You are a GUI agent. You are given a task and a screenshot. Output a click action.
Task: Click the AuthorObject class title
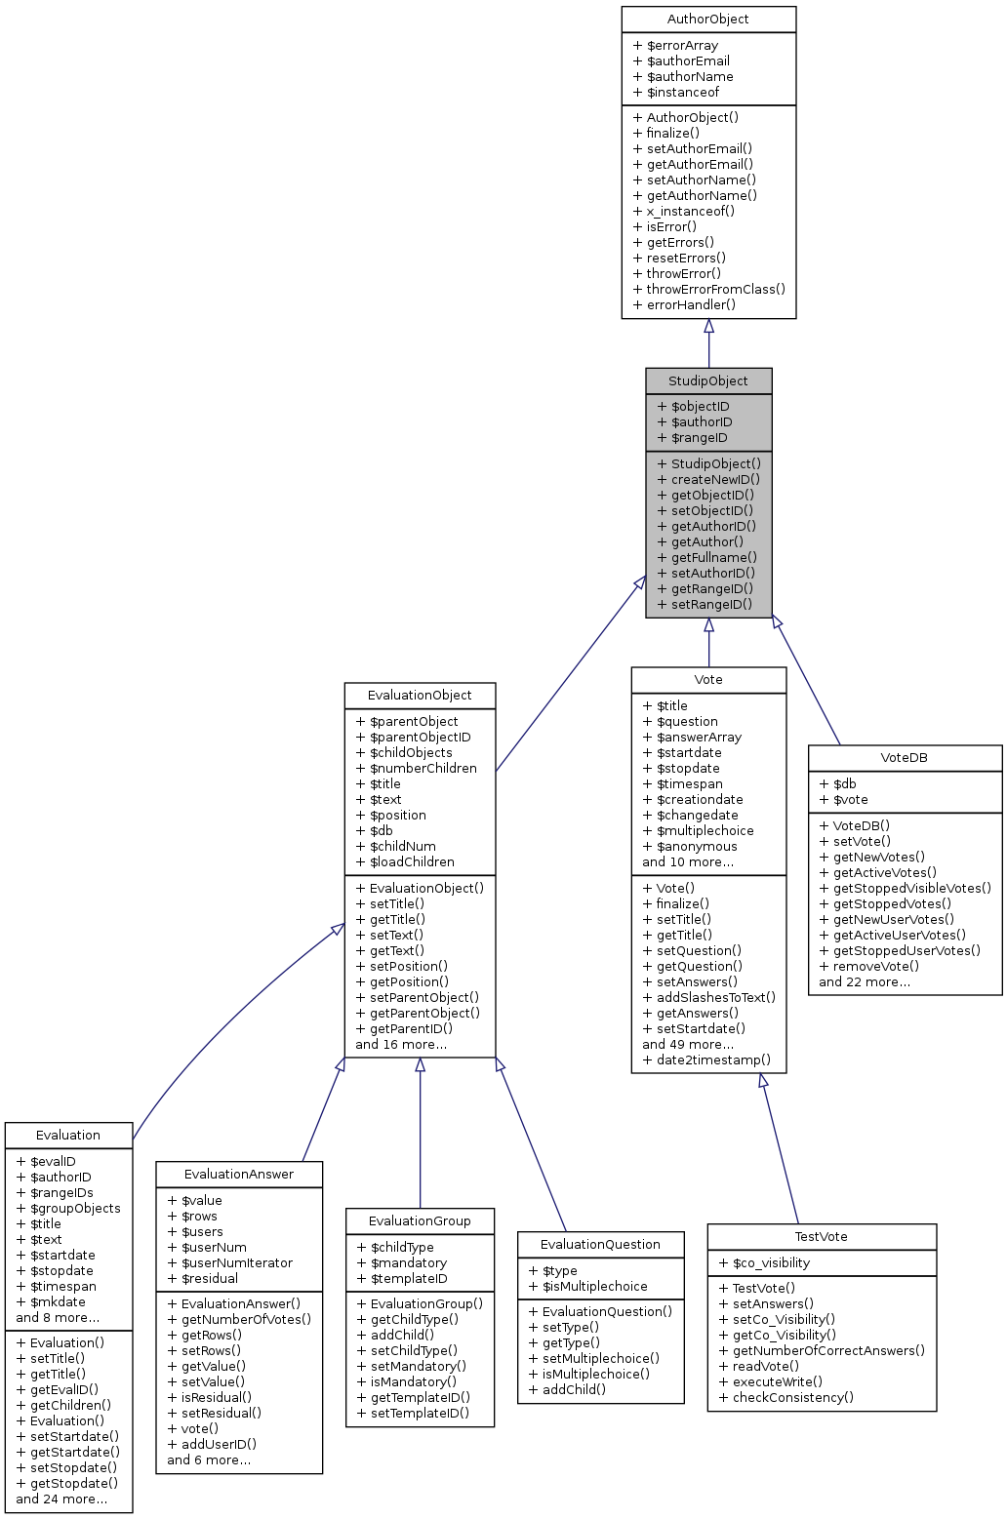(x=708, y=20)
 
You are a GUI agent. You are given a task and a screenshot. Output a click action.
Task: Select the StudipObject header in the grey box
(x=708, y=381)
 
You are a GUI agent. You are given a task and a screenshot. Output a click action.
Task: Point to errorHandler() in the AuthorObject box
(x=684, y=305)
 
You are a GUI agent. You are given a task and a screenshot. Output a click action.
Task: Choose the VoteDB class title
(x=904, y=758)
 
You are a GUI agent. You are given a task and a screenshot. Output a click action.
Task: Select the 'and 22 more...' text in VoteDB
(x=865, y=982)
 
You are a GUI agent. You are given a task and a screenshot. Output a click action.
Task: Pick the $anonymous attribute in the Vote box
(x=690, y=847)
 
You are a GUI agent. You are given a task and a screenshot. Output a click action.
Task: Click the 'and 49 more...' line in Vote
(x=688, y=1045)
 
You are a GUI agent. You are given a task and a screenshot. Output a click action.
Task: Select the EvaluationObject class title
(x=420, y=696)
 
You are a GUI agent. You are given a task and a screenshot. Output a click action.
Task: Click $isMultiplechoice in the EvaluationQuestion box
(x=587, y=1287)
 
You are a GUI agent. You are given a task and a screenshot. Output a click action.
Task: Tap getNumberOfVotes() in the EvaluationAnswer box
(x=239, y=1320)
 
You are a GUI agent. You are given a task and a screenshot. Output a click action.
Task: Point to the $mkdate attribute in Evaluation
(x=51, y=1302)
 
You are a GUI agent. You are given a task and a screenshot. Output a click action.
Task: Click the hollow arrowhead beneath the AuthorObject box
(x=709, y=327)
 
